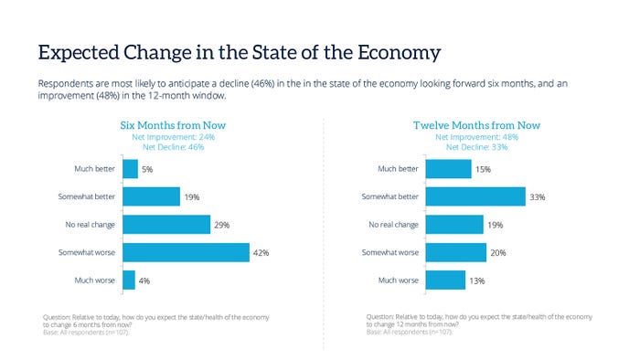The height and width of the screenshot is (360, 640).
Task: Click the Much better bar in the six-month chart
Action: coord(130,169)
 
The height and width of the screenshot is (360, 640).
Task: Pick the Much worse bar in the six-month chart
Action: coord(129,280)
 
